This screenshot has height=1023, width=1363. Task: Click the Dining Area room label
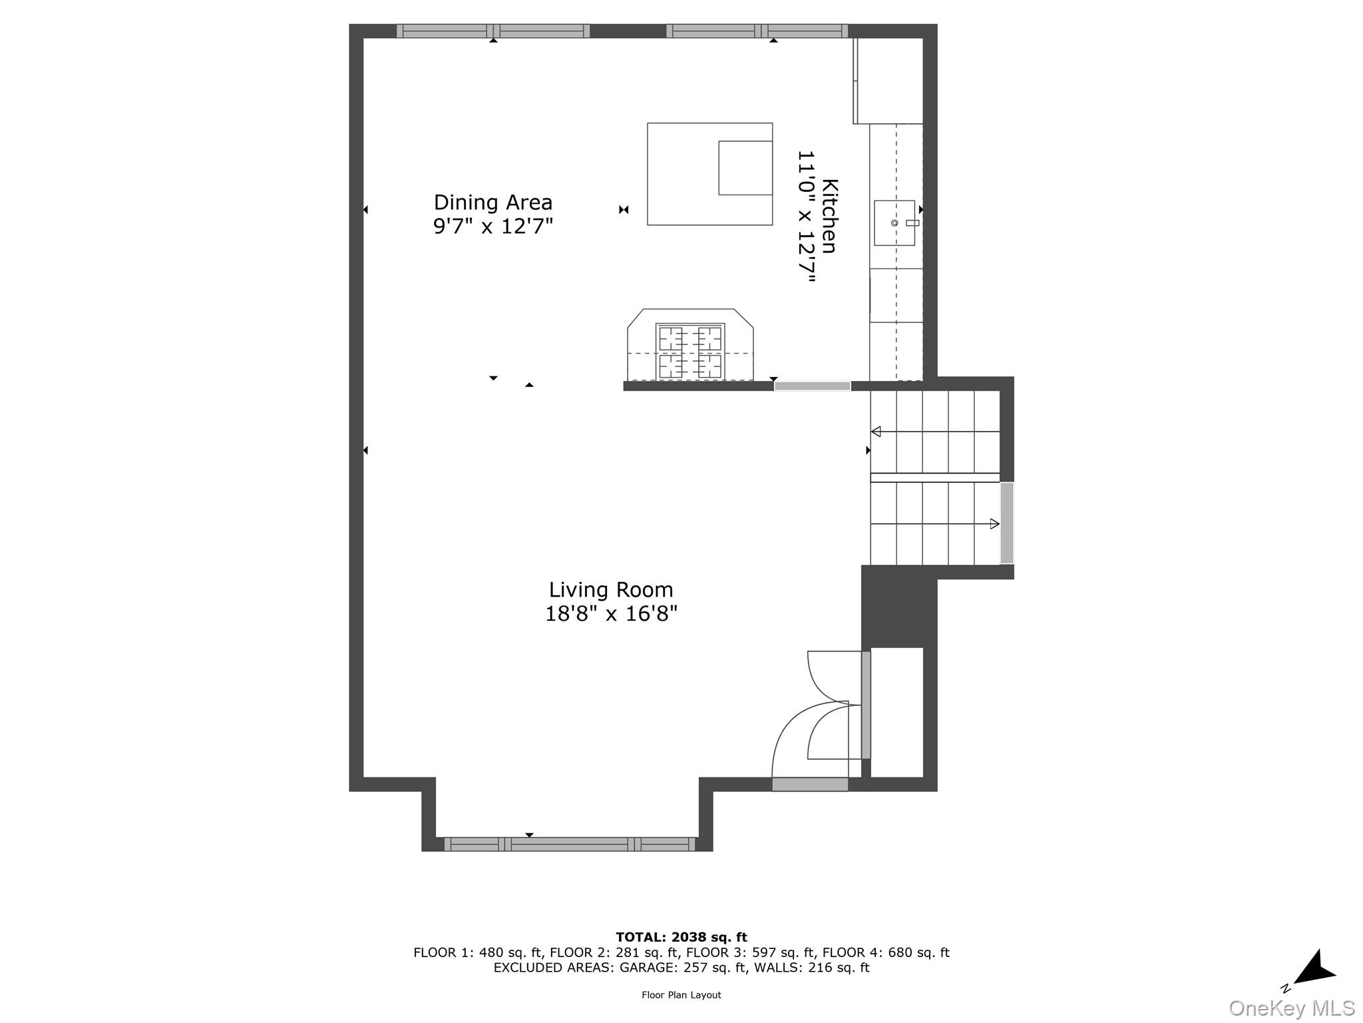coord(492,202)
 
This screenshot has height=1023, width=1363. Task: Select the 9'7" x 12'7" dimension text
coord(492,226)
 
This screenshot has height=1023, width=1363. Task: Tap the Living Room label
coord(610,589)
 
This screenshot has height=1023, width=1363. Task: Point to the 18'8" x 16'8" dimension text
coord(610,613)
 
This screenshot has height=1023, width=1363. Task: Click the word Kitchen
coord(829,216)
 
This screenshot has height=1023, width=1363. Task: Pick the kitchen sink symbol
coord(894,222)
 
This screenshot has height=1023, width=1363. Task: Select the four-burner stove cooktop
coord(690,352)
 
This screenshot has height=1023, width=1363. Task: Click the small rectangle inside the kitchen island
coord(745,168)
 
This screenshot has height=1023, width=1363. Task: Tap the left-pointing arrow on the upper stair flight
coord(876,432)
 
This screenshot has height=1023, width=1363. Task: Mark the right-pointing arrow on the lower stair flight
coord(994,523)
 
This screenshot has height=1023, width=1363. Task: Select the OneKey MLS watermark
coord(1292,1008)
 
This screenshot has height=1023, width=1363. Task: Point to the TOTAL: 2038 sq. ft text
coord(681,937)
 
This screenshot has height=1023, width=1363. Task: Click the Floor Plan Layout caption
coord(681,995)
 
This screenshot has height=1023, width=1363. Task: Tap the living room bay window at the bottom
coord(569,844)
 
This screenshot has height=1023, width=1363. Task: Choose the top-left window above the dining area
coord(493,31)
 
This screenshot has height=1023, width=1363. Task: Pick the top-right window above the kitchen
coord(757,31)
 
